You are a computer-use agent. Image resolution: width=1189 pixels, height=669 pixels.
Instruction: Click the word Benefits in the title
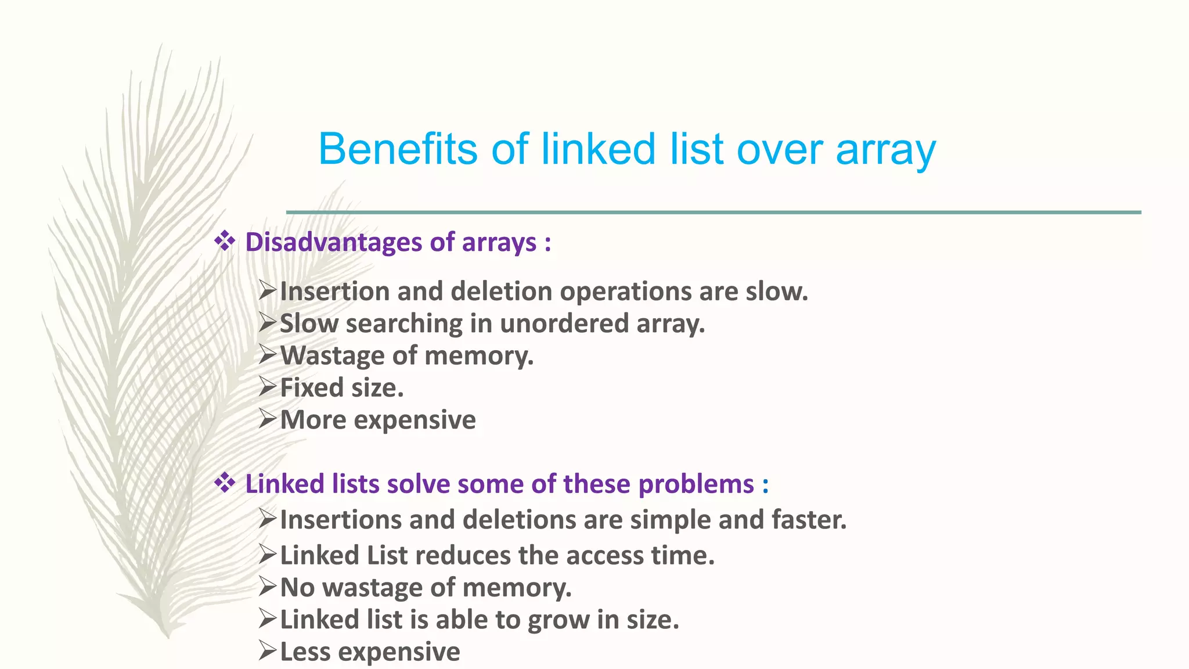coord(398,149)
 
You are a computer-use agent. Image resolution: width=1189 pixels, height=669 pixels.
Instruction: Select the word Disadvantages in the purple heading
coord(333,242)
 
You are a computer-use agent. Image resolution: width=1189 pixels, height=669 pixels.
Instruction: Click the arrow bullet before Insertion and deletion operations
coord(268,290)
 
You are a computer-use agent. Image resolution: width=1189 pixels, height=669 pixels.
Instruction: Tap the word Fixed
coord(311,387)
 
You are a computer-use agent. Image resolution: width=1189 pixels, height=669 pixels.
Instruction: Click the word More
coord(313,420)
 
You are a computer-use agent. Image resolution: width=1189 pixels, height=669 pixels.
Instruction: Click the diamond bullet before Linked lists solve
coord(225,482)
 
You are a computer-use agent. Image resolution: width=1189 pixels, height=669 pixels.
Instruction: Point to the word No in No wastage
coord(297,588)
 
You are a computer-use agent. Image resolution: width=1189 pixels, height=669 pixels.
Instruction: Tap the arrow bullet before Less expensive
coord(268,650)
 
